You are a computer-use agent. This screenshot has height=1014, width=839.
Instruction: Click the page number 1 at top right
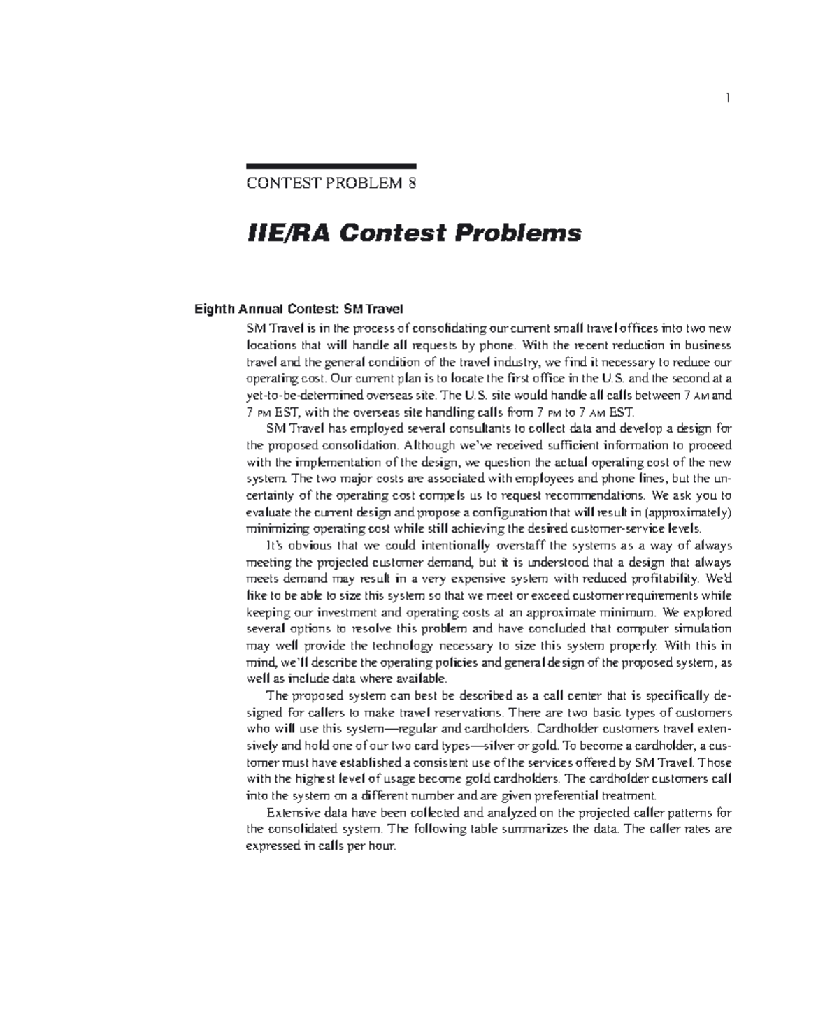728,98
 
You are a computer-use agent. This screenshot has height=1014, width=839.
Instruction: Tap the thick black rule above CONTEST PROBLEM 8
331,166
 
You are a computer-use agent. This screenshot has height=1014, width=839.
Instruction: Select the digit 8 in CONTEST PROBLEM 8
413,184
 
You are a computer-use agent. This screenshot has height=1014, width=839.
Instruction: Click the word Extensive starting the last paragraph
292,813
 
